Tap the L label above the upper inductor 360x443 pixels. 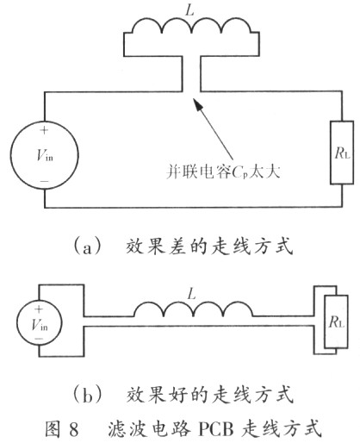coord(190,10)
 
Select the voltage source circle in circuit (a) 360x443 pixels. coord(45,122)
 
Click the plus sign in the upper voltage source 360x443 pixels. coord(44,130)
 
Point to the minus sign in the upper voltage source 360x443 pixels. coord(44,181)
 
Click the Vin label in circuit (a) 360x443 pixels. coord(45,155)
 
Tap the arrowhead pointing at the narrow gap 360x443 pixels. coord(197,103)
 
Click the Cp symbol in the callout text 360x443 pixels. coord(239,172)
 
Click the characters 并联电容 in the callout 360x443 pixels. coord(199,172)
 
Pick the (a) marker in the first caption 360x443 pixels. coord(88,246)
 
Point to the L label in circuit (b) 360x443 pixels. coord(191,294)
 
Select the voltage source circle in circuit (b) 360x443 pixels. coord(40,300)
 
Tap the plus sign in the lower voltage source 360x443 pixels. coord(38,309)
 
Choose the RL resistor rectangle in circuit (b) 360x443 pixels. coord(325,321)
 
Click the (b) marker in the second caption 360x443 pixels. coord(88,396)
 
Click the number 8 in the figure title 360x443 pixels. coord(73,428)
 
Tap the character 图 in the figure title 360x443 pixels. coord(54,428)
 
